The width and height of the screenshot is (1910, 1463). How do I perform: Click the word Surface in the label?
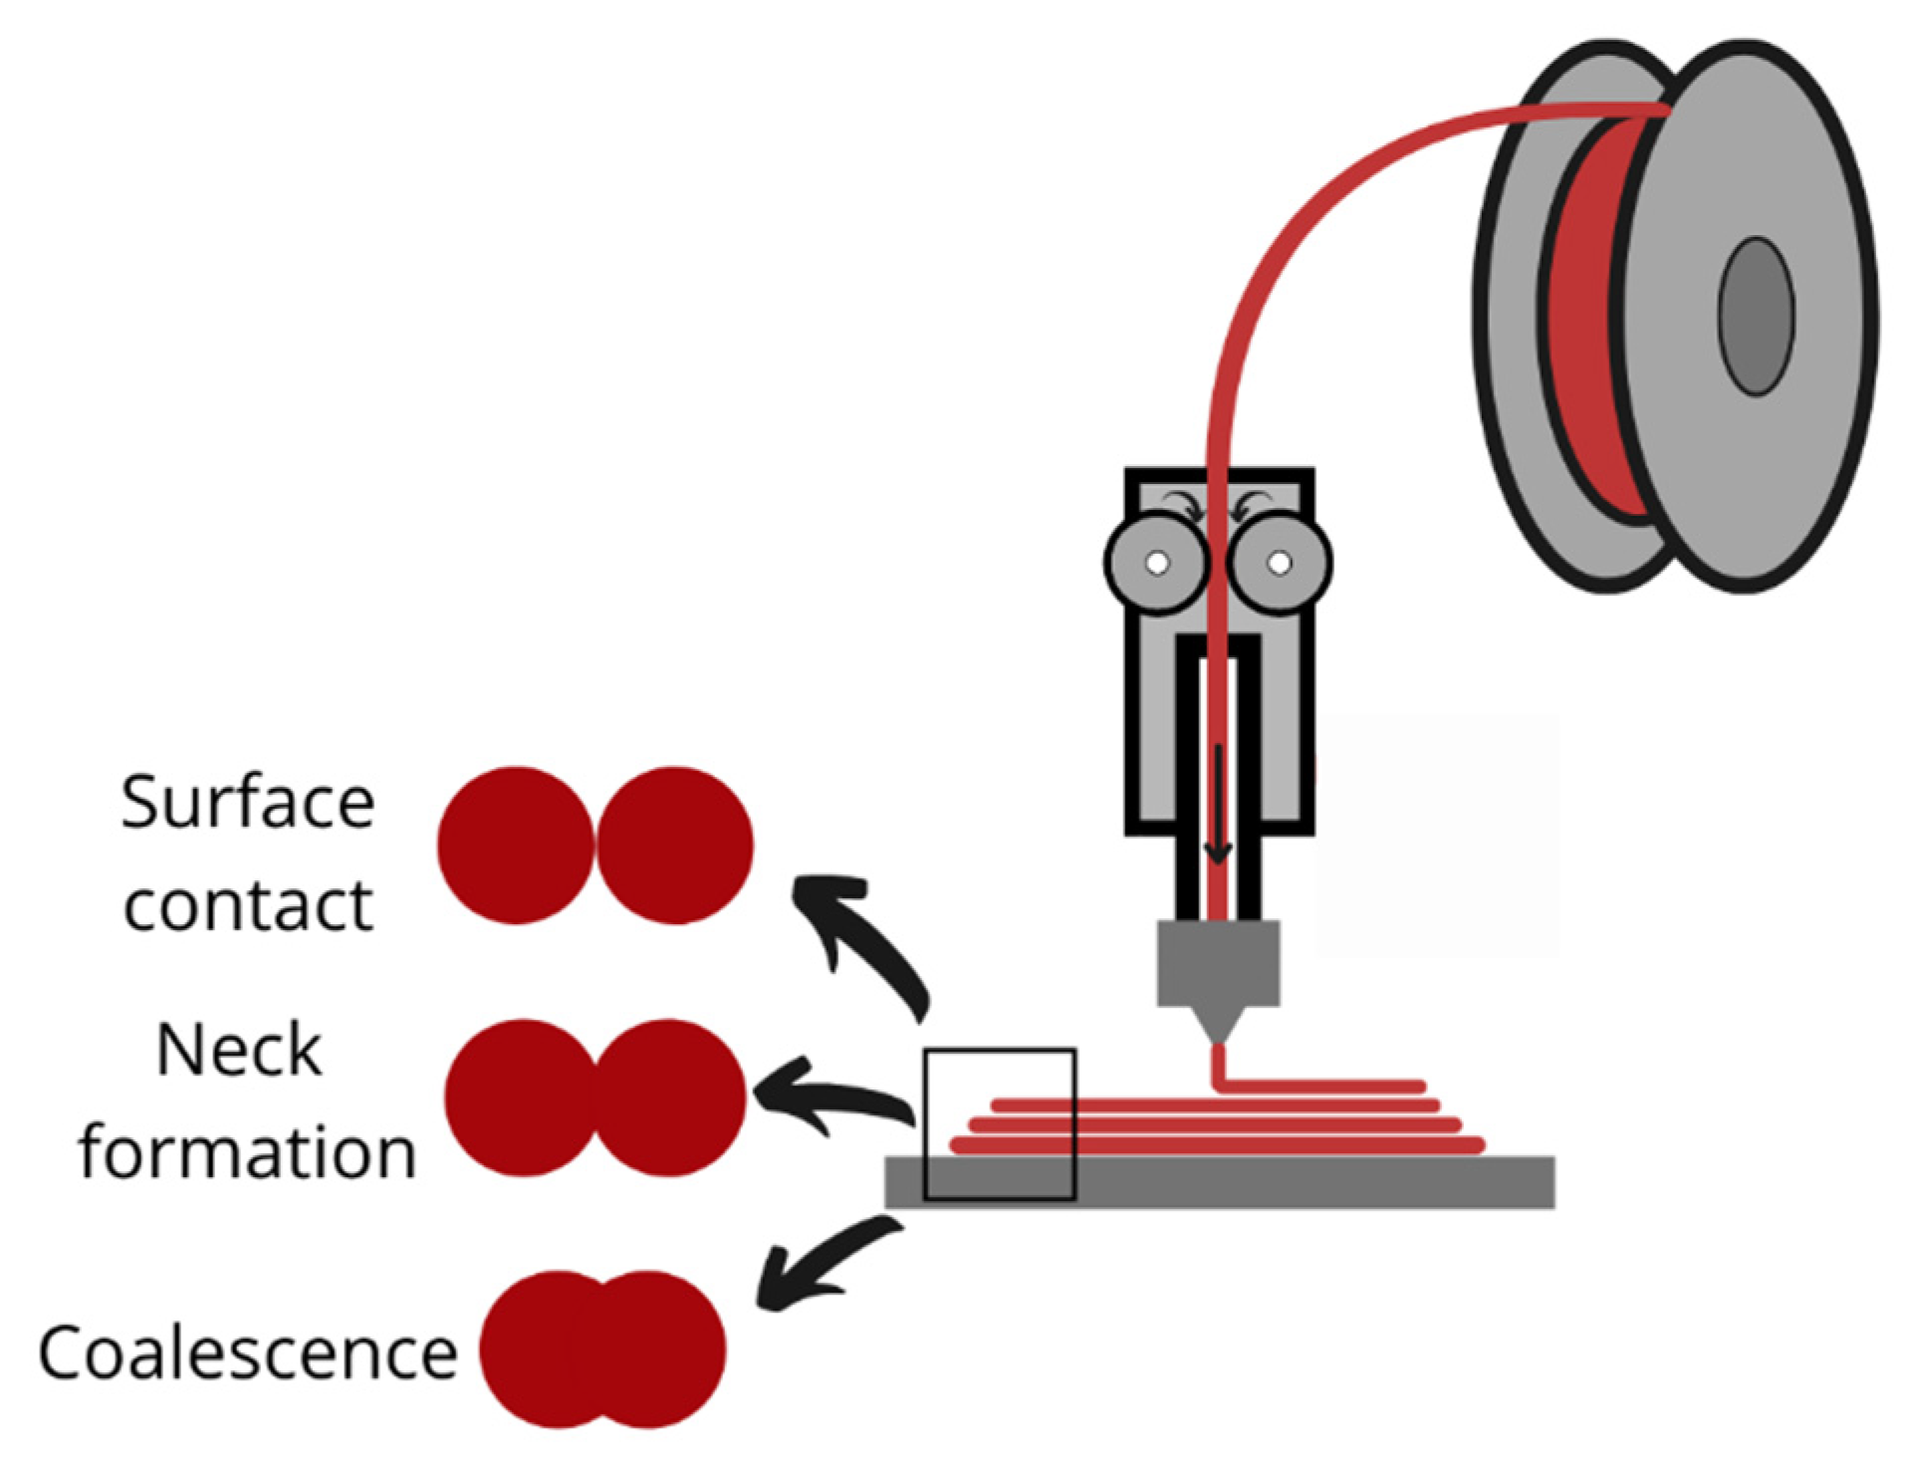point(247,803)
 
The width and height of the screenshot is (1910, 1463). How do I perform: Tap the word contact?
point(248,904)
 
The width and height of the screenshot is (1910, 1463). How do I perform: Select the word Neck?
point(239,1051)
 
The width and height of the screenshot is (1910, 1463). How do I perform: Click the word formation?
point(247,1152)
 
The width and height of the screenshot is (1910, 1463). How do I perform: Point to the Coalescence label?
point(247,1352)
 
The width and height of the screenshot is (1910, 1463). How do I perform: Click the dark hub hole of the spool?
point(1757,316)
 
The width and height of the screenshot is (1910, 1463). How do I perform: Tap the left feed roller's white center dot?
point(1156,563)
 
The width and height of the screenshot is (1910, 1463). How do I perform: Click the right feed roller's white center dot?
point(1280,563)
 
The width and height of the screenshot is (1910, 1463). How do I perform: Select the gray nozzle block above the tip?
point(1218,962)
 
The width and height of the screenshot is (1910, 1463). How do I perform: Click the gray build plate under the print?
point(1295,1182)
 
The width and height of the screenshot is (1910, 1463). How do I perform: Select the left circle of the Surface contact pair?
point(515,845)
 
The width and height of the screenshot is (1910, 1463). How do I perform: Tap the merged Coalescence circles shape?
point(602,1349)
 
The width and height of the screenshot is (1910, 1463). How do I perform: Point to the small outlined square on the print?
point(999,1123)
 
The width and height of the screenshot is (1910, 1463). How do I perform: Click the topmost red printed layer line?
point(1324,1085)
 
